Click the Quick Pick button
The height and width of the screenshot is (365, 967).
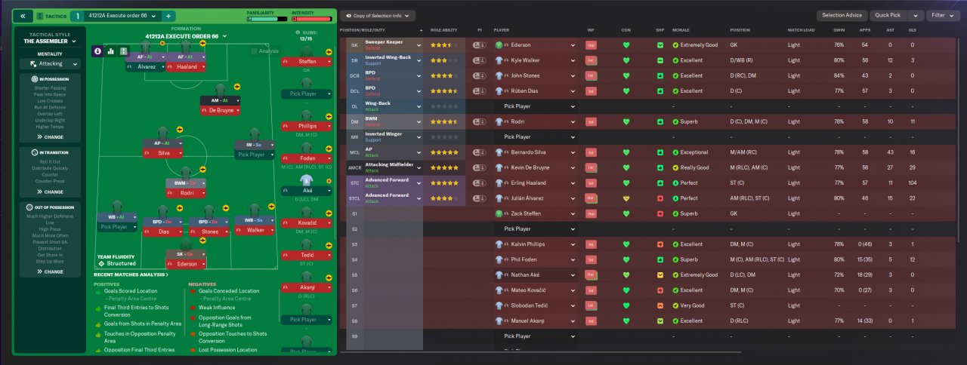coord(889,15)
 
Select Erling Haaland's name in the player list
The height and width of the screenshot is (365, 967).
coord(524,183)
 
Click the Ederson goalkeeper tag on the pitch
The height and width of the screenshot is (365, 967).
coord(185,264)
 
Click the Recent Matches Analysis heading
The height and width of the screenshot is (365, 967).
coord(130,275)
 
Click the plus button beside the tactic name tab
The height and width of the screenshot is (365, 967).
coord(168,16)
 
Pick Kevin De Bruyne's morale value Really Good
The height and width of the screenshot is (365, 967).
coord(694,167)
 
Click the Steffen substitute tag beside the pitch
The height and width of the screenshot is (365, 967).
coord(307,61)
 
